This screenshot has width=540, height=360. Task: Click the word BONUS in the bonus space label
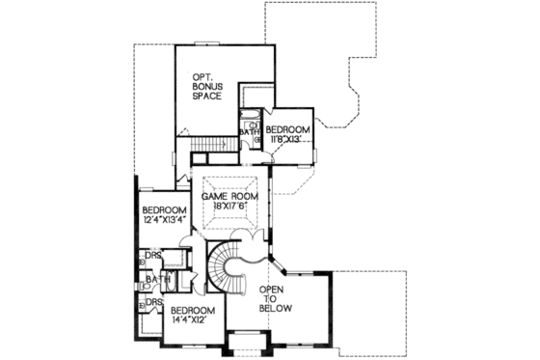(206, 86)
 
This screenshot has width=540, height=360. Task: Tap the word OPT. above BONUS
(202, 75)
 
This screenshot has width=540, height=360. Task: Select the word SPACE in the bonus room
(206, 97)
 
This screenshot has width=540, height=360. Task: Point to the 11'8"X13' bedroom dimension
(287, 140)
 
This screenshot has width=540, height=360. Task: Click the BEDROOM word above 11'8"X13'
(288, 129)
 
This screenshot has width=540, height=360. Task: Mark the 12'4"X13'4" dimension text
(163, 221)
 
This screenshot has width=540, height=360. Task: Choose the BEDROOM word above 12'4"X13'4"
(163, 210)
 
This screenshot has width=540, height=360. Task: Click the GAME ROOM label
(227, 196)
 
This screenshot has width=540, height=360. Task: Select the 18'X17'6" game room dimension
(227, 207)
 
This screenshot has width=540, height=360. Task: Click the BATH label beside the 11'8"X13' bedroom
(249, 133)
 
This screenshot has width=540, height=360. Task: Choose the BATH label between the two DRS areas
(154, 281)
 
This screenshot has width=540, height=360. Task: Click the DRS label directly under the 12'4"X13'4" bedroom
(152, 257)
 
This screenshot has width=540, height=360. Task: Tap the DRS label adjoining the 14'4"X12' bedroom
(151, 304)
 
